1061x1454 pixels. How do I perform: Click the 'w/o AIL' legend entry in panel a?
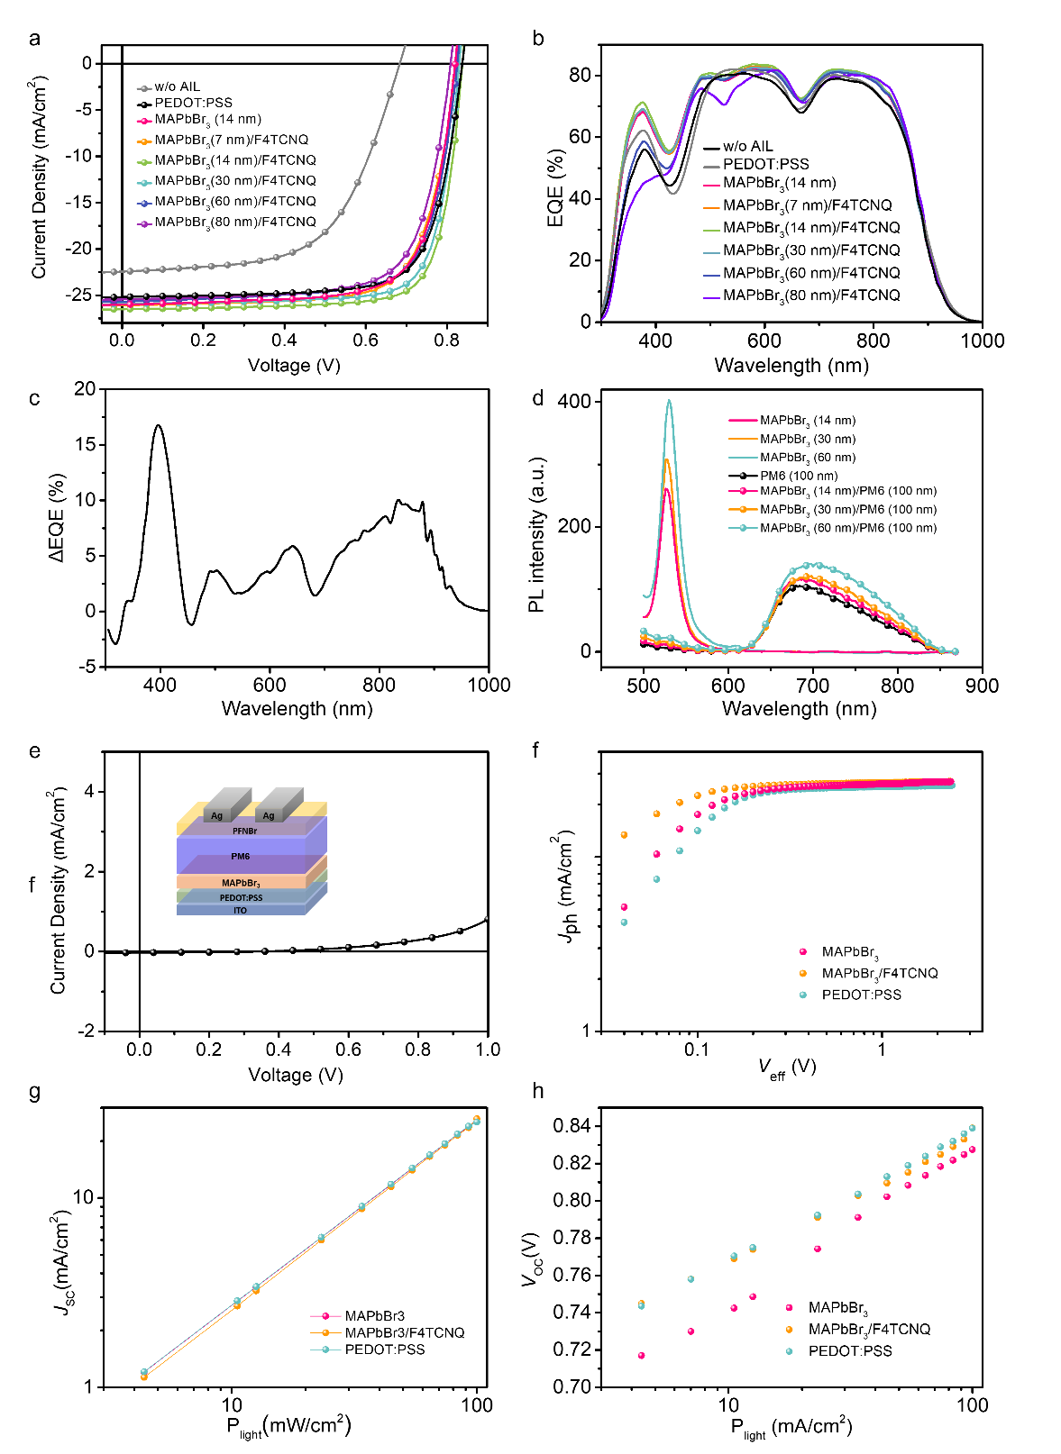[177, 87]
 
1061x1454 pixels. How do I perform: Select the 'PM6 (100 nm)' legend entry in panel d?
[798, 476]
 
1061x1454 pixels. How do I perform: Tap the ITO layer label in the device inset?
[240, 911]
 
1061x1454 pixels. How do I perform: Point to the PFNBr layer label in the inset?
[244, 832]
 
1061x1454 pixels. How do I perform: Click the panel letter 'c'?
[34, 399]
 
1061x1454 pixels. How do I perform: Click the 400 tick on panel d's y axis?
[574, 402]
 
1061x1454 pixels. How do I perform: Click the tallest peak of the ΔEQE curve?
[159, 425]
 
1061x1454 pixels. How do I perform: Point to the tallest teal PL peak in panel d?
[669, 401]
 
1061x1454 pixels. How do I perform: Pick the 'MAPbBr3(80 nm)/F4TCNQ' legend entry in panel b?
[810, 295]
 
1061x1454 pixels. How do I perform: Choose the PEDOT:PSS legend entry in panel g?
[384, 1349]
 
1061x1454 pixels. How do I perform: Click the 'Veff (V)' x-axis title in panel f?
[787, 1068]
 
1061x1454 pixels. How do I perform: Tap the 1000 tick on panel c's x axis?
[488, 685]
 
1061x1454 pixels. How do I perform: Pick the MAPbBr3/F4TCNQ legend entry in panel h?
[869, 1330]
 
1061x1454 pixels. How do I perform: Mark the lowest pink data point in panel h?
[641, 1356]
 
